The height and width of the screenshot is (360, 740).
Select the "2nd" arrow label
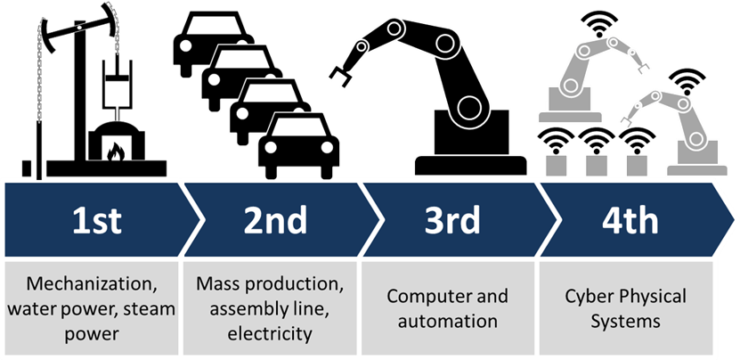pyautogui.click(x=275, y=220)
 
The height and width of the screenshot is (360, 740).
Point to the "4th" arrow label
pyautogui.click(x=630, y=220)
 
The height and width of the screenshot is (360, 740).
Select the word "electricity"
pyautogui.click(x=269, y=335)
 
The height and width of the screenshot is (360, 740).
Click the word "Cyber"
pyautogui.click(x=585, y=296)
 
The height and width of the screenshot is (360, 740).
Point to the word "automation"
pyautogui.click(x=448, y=320)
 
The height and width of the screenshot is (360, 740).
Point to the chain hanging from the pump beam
pyautogui.click(x=37, y=89)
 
